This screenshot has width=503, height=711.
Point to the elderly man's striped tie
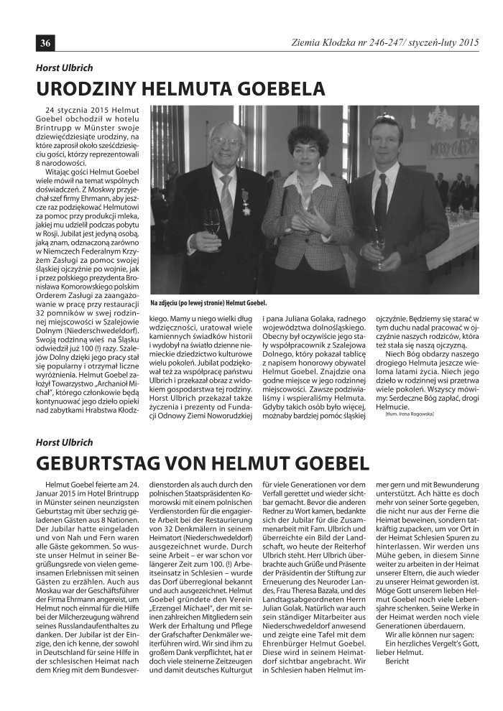coord(226,195)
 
